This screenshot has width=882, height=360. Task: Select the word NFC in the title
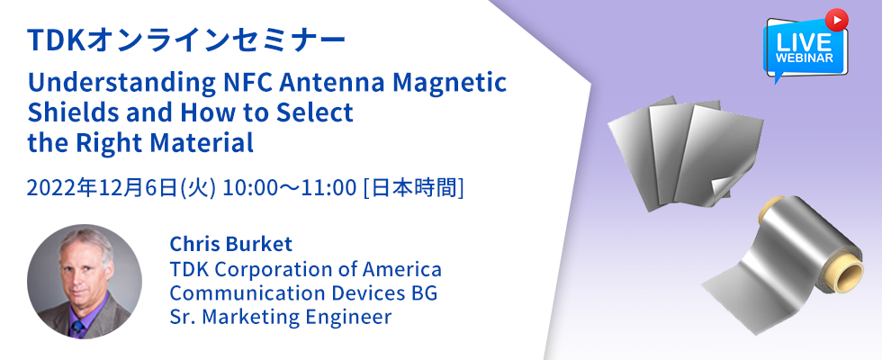[245, 82]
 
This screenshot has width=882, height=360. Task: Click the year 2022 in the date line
[46, 189]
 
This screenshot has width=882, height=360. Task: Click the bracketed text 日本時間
[414, 189]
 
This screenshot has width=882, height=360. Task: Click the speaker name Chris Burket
[231, 244]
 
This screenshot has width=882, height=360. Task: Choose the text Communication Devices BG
[304, 293]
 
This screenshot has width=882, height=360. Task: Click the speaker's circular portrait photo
[85, 281]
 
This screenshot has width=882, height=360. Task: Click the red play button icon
[836, 20]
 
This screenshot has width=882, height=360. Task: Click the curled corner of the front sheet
[721, 186]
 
